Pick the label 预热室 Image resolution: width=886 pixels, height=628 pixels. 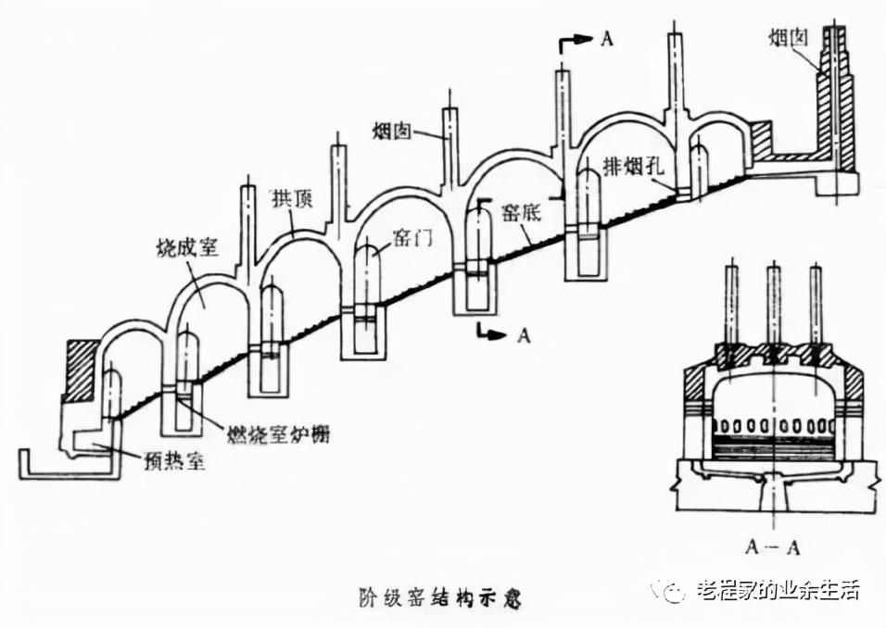pyautogui.click(x=176, y=460)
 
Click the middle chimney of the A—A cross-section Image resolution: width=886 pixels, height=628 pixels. pyautogui.click(x=773, y=306)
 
